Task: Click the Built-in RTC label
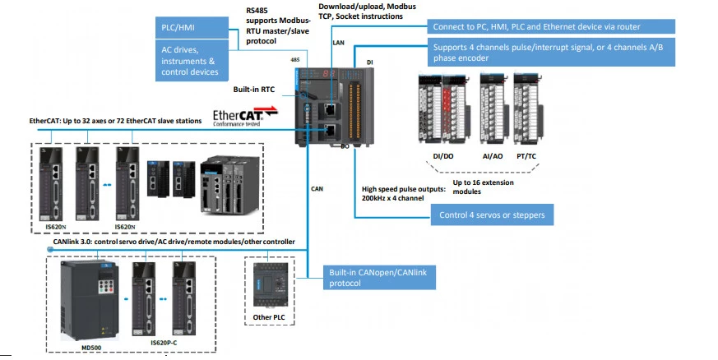[x=255, y=88]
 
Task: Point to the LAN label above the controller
[x=338, y=41]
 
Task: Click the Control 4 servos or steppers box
[x=491, y=216]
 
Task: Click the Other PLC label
[x=267, y=316]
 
